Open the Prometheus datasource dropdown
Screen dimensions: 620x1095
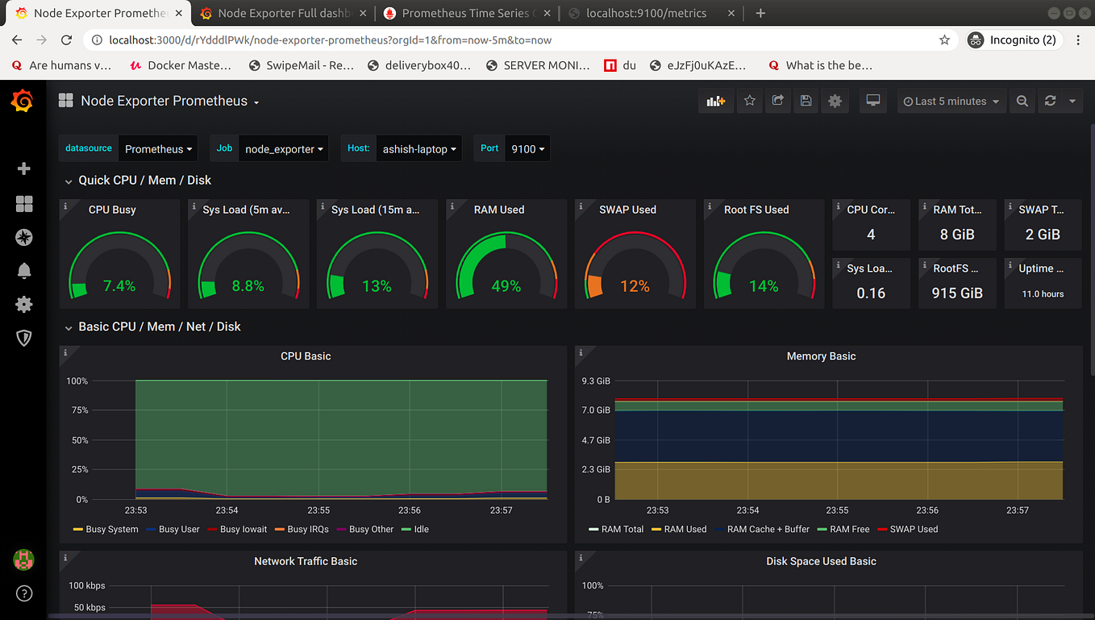pos(158,149)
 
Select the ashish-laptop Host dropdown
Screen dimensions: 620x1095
pos(419,149)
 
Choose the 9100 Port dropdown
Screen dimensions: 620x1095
pos(527,149)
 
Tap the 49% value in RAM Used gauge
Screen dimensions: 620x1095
pos(506,286)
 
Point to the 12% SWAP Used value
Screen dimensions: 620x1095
pos(635,286)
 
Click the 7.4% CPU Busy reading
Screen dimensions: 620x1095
pos(119,286)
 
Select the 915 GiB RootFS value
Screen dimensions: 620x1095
pos(957,293)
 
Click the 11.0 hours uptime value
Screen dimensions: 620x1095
pos(1043,294)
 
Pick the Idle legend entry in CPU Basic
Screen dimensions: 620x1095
pos(421,530)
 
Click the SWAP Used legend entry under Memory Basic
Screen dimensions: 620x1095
pos(913,530)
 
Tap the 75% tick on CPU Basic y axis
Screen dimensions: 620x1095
pos(77,410)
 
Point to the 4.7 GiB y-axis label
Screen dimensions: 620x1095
pos(596,440)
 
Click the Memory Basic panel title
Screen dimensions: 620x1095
pos(821,356)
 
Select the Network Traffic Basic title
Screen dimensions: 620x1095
pos(306,561)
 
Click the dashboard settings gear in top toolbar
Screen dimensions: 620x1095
pos(835,102)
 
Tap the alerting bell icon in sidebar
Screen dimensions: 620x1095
pos(24,271)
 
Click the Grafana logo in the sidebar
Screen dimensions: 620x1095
pos(23,102)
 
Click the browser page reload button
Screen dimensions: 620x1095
pos(67,40)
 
